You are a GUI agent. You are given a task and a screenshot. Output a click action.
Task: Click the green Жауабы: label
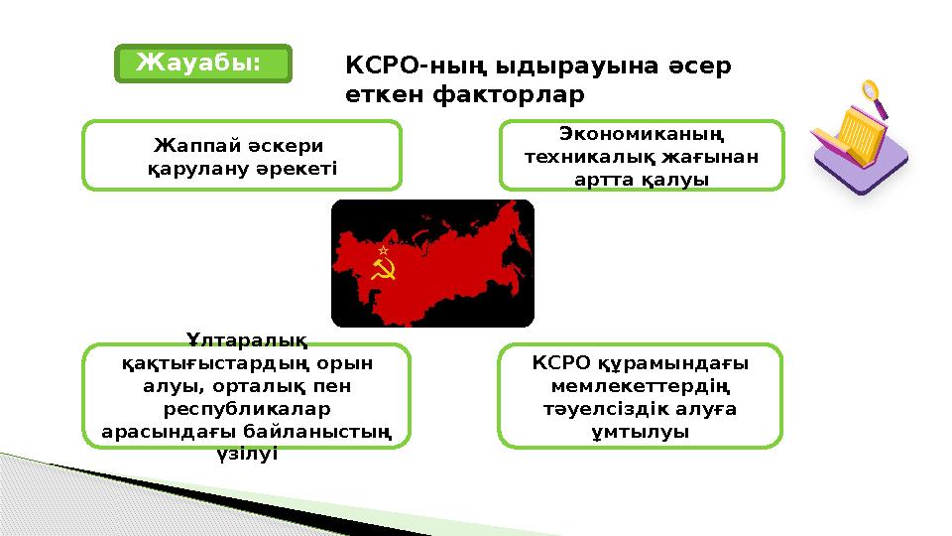click(202, 64)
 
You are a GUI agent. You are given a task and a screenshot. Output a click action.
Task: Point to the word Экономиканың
click(641, 133)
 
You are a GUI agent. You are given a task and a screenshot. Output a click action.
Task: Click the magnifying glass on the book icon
click(875, 97)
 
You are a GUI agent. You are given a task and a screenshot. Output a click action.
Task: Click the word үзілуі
click(245, 454)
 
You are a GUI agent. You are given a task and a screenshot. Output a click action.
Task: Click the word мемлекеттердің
click(640, 386)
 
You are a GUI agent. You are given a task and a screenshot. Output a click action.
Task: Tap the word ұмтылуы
click(640, 432)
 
